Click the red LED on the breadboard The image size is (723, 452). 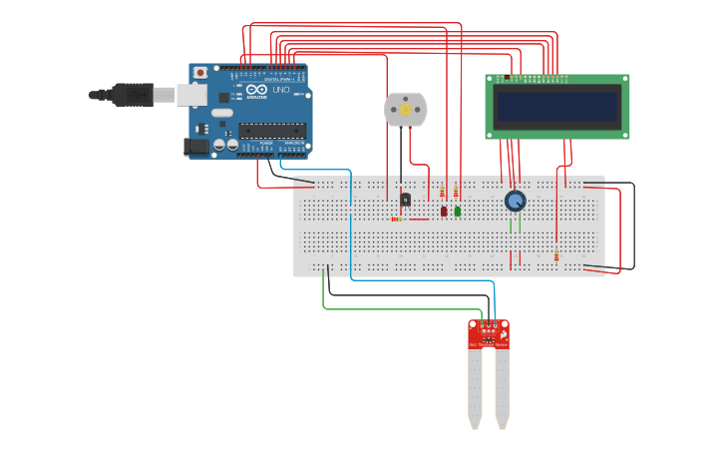coord(444,212)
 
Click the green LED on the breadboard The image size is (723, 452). coord(458,212)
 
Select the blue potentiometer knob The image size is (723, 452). coord(515,202)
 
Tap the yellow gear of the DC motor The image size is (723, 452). coord(406,109)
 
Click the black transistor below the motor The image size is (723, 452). coord(405,200)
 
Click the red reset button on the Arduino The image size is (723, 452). coord(200,73)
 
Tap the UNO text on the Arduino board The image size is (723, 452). coord(282,91)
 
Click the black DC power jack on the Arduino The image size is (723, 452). coord(196,146)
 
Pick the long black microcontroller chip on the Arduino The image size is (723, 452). coord(271,130)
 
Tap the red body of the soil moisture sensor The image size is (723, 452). coord(489,334)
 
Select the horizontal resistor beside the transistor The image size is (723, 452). coord(397,220)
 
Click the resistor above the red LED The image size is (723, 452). coord(442,192)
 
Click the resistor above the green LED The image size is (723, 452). coord(456,191)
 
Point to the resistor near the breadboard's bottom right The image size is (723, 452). coord(556,257)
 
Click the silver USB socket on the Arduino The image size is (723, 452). coord(191,95)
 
